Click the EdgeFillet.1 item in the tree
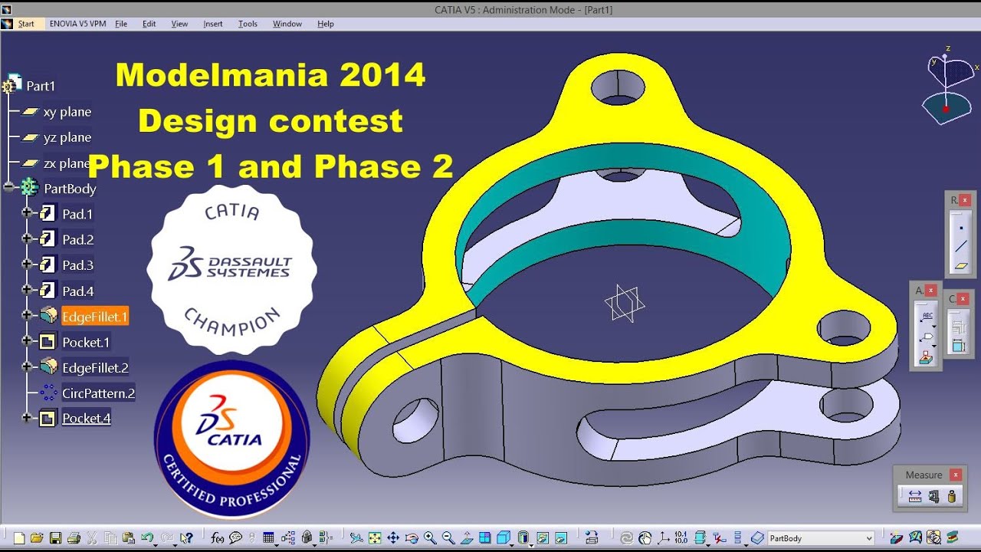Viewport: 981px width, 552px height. [x=94, y=316]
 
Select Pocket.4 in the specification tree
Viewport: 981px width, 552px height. [x=86, y=418]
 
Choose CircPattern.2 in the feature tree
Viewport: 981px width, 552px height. [x=98, y=393]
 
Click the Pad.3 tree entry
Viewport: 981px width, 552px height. [x=77, y=265]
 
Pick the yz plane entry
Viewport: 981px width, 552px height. [x=67, y=137]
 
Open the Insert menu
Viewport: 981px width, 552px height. [x=213, y=24]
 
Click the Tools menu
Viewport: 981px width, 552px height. [x=248, y=24]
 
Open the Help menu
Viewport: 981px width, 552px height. [x=326, y=24]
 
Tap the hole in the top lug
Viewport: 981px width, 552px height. [x=617, y=87]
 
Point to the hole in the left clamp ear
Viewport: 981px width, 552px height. [x=415, y=419]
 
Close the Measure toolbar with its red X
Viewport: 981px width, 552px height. [x=955, y=475]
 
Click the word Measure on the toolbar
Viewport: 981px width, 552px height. [x=924, y=475]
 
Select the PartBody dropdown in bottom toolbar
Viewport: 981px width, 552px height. [x=820, y=538]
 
